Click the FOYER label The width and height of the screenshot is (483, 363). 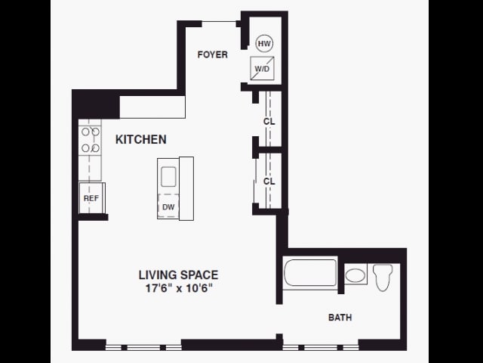pos(212,54)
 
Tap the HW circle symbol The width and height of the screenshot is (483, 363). pos(264,44)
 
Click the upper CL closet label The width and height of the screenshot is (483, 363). pos(269,121)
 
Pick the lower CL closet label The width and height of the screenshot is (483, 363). pos(269,181)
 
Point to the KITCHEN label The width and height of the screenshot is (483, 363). pos(140,140)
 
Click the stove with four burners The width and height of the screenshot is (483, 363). pos(91,141)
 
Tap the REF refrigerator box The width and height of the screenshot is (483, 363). pos(91,199)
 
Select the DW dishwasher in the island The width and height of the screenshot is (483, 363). pos(167,206)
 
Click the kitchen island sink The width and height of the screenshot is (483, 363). pos(168,176)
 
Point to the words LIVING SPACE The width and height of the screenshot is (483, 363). pos(178,275)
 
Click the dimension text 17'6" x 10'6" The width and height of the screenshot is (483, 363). pos(178,288)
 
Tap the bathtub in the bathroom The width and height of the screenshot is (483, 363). pos(310,273)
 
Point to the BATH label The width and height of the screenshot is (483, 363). pos(340,318)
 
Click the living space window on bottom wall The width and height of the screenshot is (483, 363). pos(143,347)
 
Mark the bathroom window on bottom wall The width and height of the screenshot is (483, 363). pos(321,347)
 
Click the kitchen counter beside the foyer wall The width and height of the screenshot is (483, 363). pos(152,107)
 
